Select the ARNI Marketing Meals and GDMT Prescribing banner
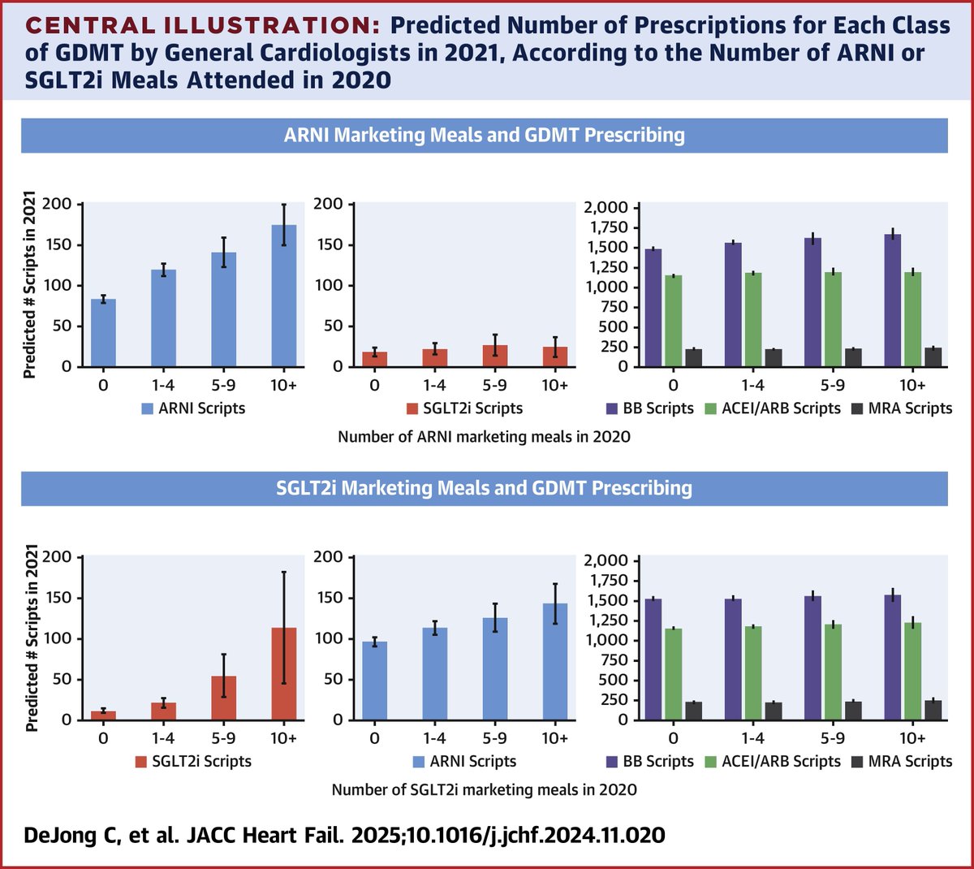(484, 135)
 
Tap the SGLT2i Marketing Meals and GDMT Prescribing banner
(484, 488)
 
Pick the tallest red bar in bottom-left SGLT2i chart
(283, 674)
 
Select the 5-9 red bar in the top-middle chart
(494, 357)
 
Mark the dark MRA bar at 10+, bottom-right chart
(933, 711)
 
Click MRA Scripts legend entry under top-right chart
(901, 409)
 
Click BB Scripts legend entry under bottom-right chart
(649, 762)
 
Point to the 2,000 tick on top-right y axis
(606, 208)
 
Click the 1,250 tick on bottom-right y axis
(606, 620)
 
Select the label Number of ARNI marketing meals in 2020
(484, 437)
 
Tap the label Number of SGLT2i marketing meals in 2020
(484, 789)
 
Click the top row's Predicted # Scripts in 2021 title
(30, 284)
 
